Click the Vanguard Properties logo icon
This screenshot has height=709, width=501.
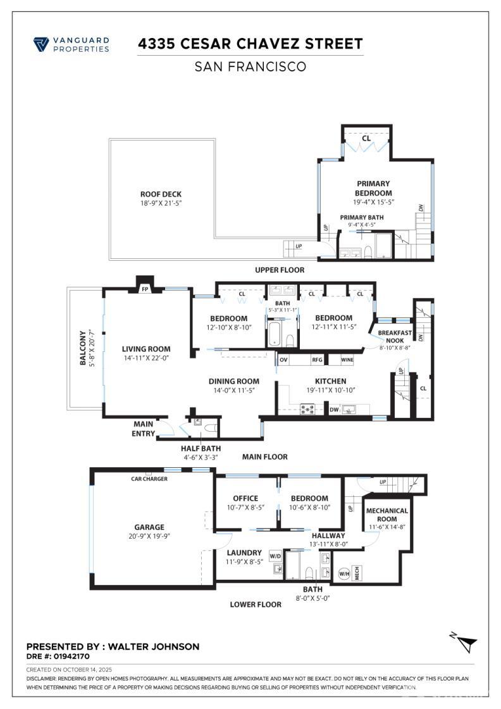pyautogui.click(x=40, y=45)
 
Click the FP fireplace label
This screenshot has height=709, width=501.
pyautogui.click(x=145, y=289)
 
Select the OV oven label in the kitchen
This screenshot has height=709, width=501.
pyautogui.click(x=283, y=360)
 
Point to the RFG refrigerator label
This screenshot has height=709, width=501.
pyautogui.click(x=317, y=360)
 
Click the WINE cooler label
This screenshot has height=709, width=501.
pyautogui.click(x=347, y=360)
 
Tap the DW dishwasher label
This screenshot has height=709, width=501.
pyautogui.click(x=334, y=410)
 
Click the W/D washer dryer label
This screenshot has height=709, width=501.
pyautogui.click(x=276, y=556)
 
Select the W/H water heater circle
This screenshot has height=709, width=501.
pyautogui.click(x=344, y=574)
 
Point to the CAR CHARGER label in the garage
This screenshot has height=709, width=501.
pyautogui.click(x=149, y=479)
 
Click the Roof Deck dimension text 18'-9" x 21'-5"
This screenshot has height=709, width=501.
pyautogui.click(x=161, y=203)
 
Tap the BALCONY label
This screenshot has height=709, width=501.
pyautogui.click(x=83, y=348)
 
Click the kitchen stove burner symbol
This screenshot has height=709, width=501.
pyautogui.click(x=308, y=410)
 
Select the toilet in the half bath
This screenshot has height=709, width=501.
pyautogui.click(x=212, y=427)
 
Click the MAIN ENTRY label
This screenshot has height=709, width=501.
pyautogui.click(x=144, y=429)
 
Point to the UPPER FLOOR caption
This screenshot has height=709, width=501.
pyautogui.click(x=280, y=270)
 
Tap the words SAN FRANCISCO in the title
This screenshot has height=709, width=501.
pyautogui.click(x=250, y=67)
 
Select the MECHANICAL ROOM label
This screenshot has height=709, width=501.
pyautogui.click(x=387, y=515)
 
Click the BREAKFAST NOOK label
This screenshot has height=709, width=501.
pyautogui.click(x=395, y=336)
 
